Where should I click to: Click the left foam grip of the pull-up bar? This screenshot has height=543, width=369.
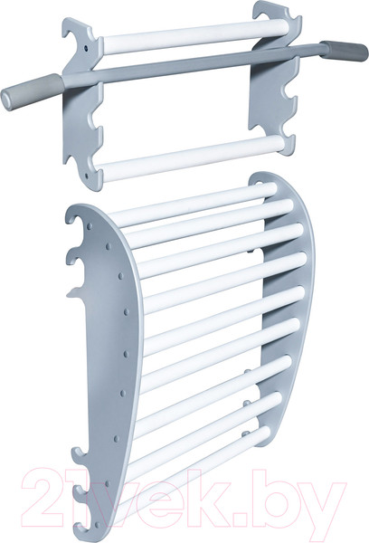[33, 91]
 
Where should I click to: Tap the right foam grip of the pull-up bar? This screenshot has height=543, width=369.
[344, 52]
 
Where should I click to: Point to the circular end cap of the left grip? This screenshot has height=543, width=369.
[7, 100]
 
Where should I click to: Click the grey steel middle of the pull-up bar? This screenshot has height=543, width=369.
[192, 65]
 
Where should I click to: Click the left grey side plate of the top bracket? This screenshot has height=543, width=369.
[83, 104]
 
